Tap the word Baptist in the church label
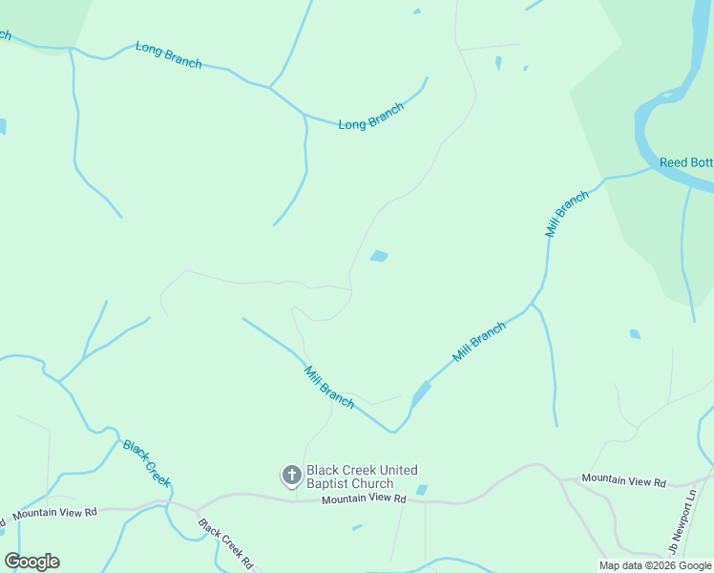pyautogui.click(x=330, y=484)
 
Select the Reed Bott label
pyautogui.click(x=685, y=162)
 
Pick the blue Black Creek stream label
pyautogui.click(x=146, y=463)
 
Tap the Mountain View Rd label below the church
pyautogui.click(x=364, y=499)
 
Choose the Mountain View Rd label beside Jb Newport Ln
pyautogui.click(x=623, y=479)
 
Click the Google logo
pyautogui.click(x=31, y=562)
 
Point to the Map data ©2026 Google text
pyautogui.click(x=656, y=565)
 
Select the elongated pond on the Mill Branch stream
pyautogui.click(x=420, y=393)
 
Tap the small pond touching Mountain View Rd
pyautogui.click(x=422, y=490)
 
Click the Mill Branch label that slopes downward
pyautogui.click(x=329, y=388)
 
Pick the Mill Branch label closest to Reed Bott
pyautogui.click(x=567, y=214)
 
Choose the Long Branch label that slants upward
pyautogui.click(x=371, y=117)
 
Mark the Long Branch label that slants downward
pyautogui.click(x=169, y=54)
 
